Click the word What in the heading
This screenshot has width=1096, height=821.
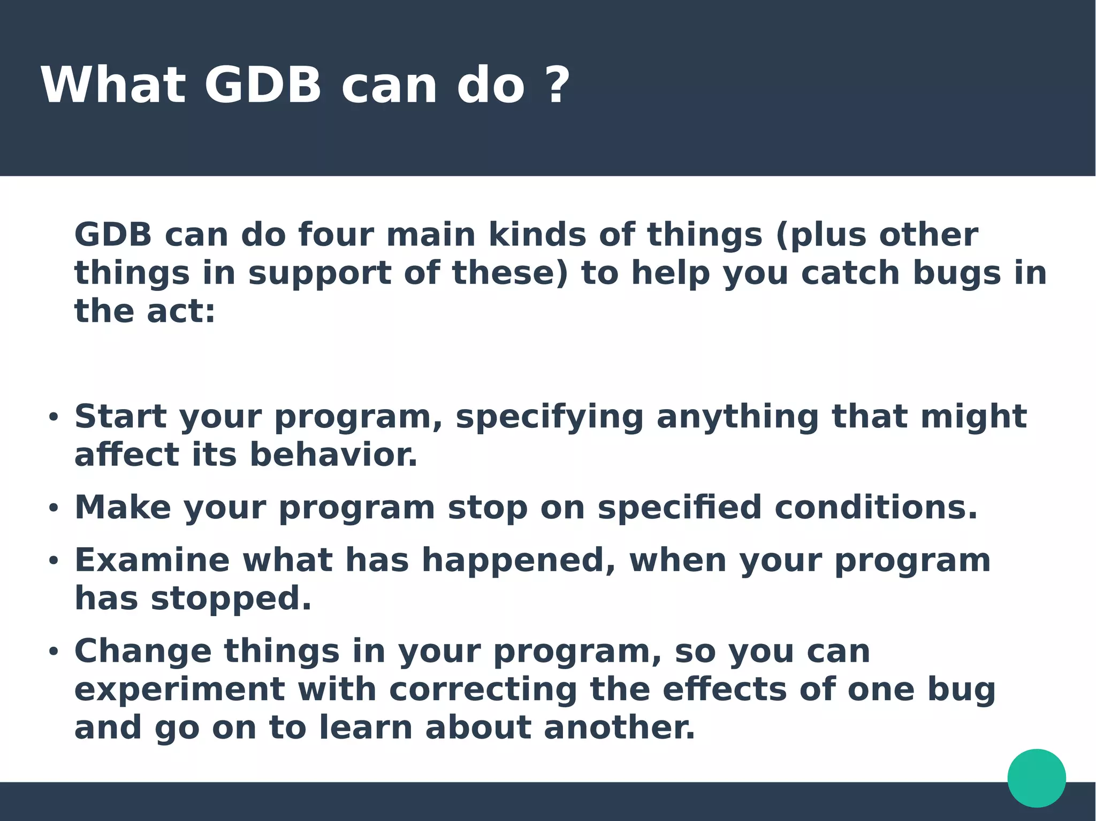pos(113,86)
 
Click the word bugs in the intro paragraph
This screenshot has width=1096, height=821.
pos(956,273)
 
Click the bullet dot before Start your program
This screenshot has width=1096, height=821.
pos(53,417)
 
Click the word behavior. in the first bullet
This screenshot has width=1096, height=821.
pos(333,455)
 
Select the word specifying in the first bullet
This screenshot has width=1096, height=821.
pos(550,417)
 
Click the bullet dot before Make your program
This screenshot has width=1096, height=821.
pos(53,508)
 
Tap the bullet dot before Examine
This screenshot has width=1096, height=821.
pos(53,561)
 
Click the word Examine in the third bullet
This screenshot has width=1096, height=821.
pos(153,560)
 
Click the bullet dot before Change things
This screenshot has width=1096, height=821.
pos(53,652)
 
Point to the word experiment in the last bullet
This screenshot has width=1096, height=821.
pos(180,690)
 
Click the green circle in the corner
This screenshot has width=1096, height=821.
pos(1037,778)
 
